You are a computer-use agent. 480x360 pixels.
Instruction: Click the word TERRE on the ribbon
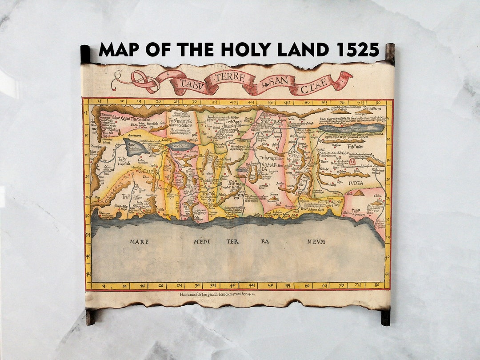click(230, 77)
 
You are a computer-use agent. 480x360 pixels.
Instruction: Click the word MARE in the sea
click(139, 242)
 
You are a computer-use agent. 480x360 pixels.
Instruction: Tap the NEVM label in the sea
click(316, 242)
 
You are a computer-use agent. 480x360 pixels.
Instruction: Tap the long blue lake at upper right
click(351, 128)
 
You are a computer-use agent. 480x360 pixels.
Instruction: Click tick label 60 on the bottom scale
click(307, 286)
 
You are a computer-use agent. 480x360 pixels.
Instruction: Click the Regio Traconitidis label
click(133, 119)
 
